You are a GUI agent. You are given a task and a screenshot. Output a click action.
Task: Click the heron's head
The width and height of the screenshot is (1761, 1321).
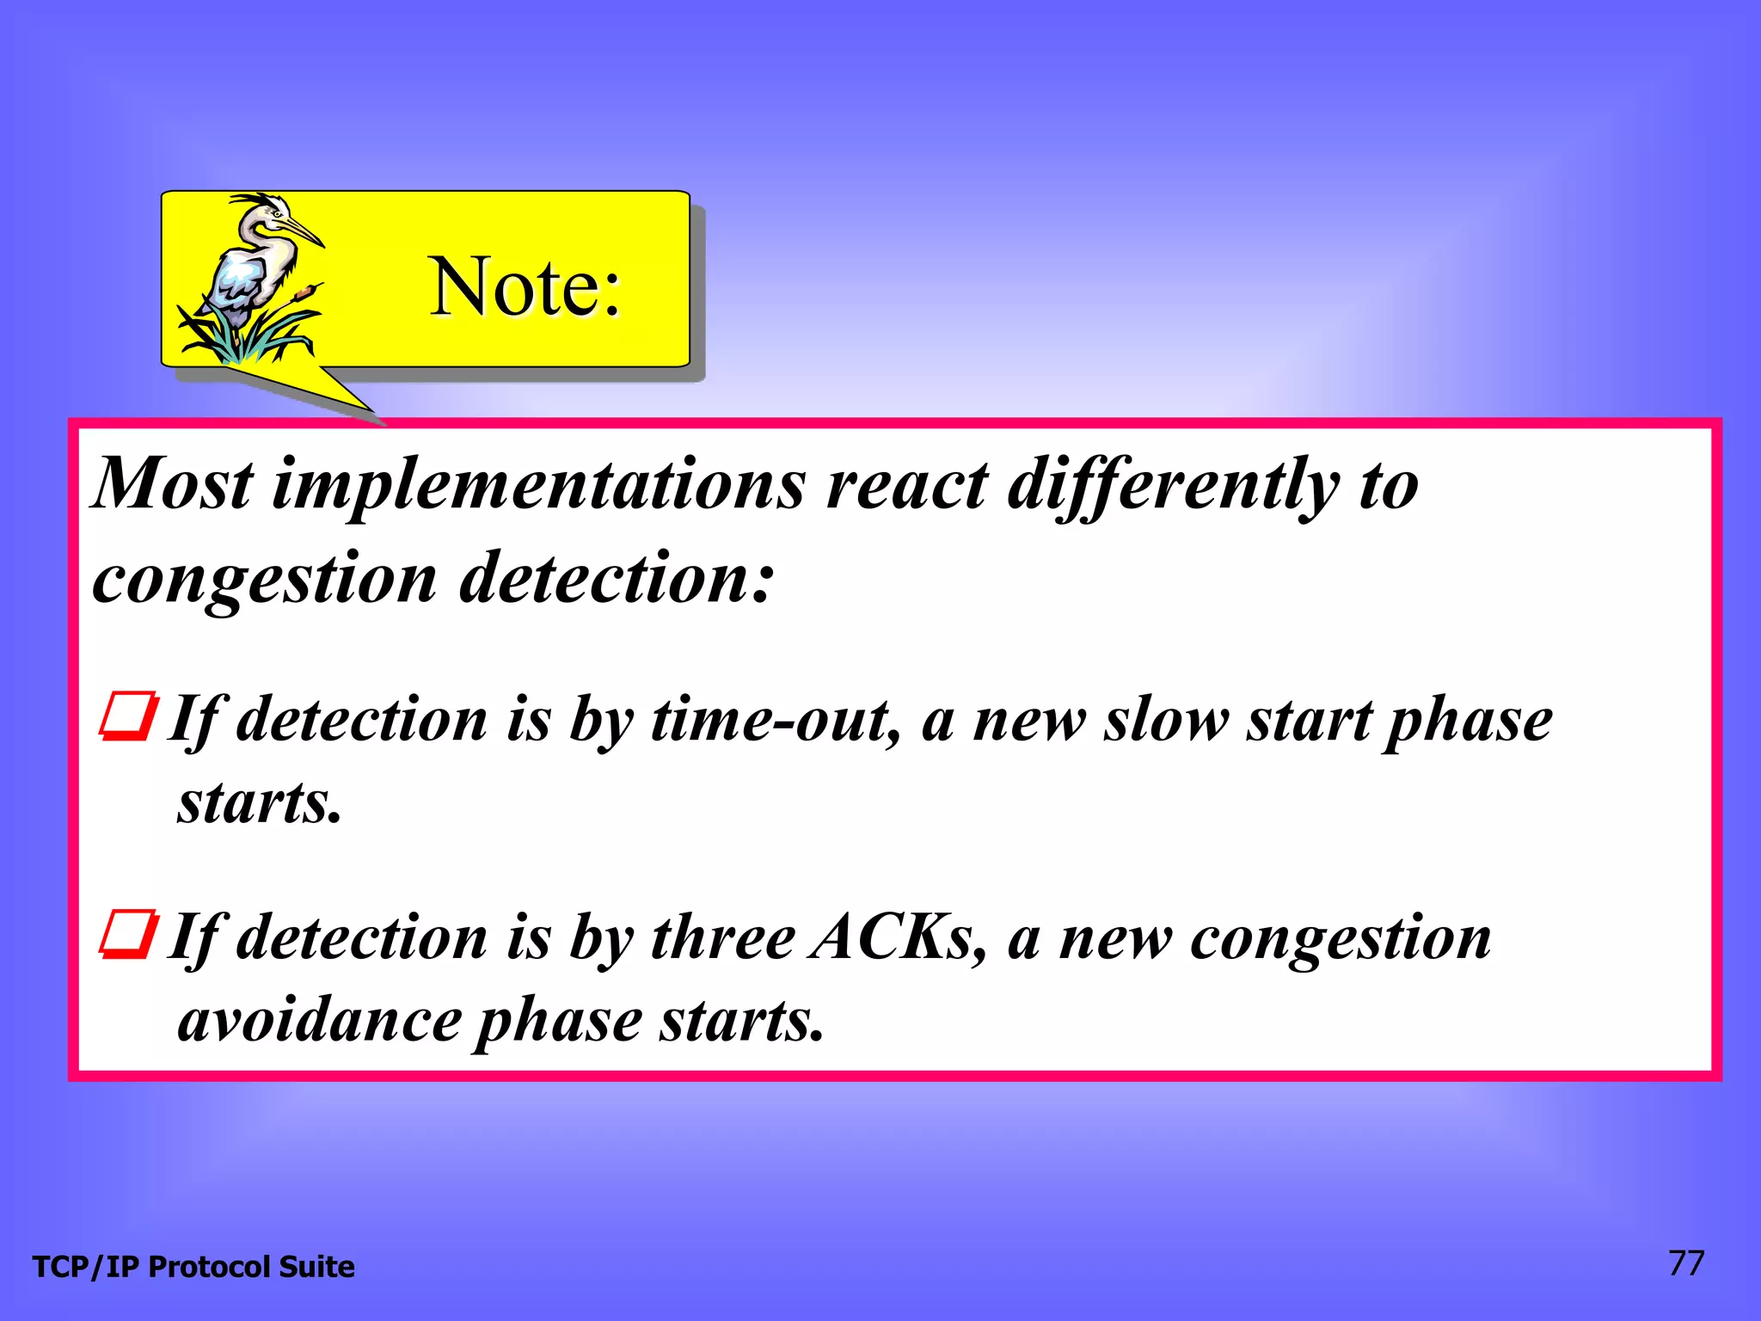pyautogui.click(x=273, y=211)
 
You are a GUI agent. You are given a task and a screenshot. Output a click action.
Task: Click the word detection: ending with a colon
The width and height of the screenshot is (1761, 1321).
pyautogui.click(x=617, y=578)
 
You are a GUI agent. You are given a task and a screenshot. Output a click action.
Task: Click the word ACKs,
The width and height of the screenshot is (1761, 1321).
pyautogui.click(x=898, y=937)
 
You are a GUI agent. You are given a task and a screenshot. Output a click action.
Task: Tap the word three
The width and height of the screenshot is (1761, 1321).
pyautogui.click(x=722, y=937)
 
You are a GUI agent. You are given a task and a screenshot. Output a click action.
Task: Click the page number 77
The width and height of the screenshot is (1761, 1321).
pyautogui.click(x=1685, y=1263)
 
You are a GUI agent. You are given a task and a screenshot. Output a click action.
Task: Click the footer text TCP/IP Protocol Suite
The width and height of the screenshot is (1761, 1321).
pyautogui.click(x=193, y=1267)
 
